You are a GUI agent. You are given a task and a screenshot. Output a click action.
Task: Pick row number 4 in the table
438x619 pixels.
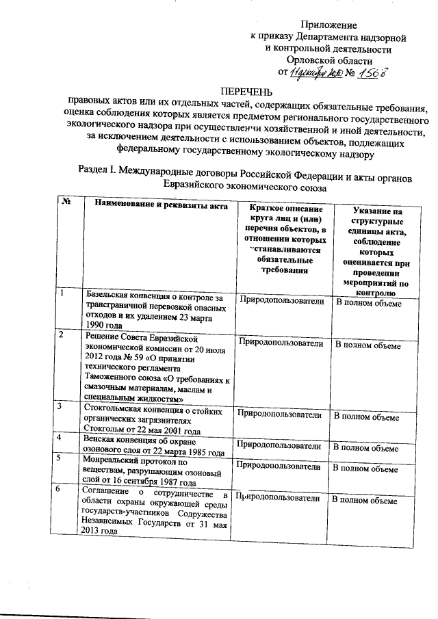(62, 438)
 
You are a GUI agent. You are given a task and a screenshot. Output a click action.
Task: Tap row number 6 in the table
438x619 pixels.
(61, 490)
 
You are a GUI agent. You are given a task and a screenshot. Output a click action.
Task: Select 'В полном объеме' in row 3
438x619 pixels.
(365, 416)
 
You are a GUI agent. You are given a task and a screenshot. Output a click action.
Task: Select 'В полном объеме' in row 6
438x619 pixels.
(364, 501)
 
